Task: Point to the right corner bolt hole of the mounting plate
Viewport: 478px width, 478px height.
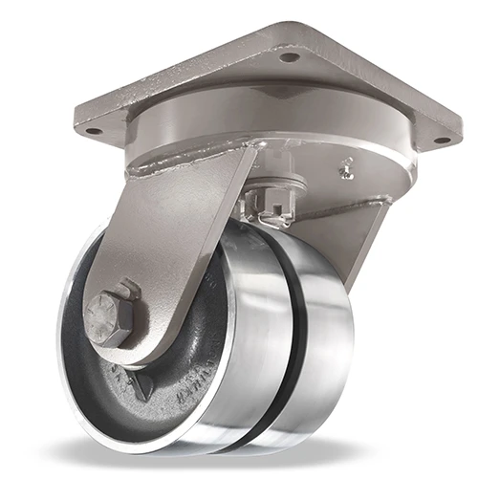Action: pyautogui.click(x=441, y=141)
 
